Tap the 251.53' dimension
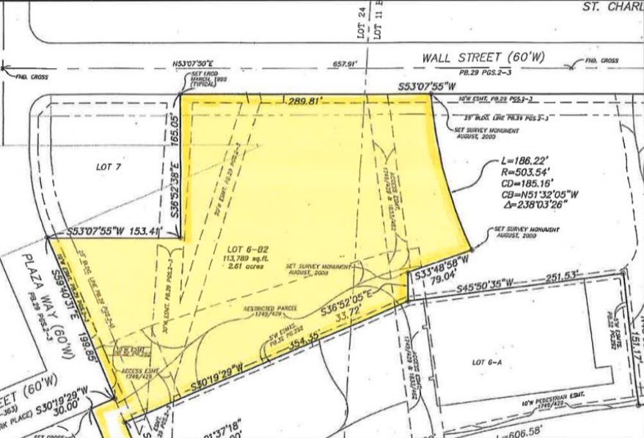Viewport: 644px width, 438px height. click(x=566, y=275)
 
